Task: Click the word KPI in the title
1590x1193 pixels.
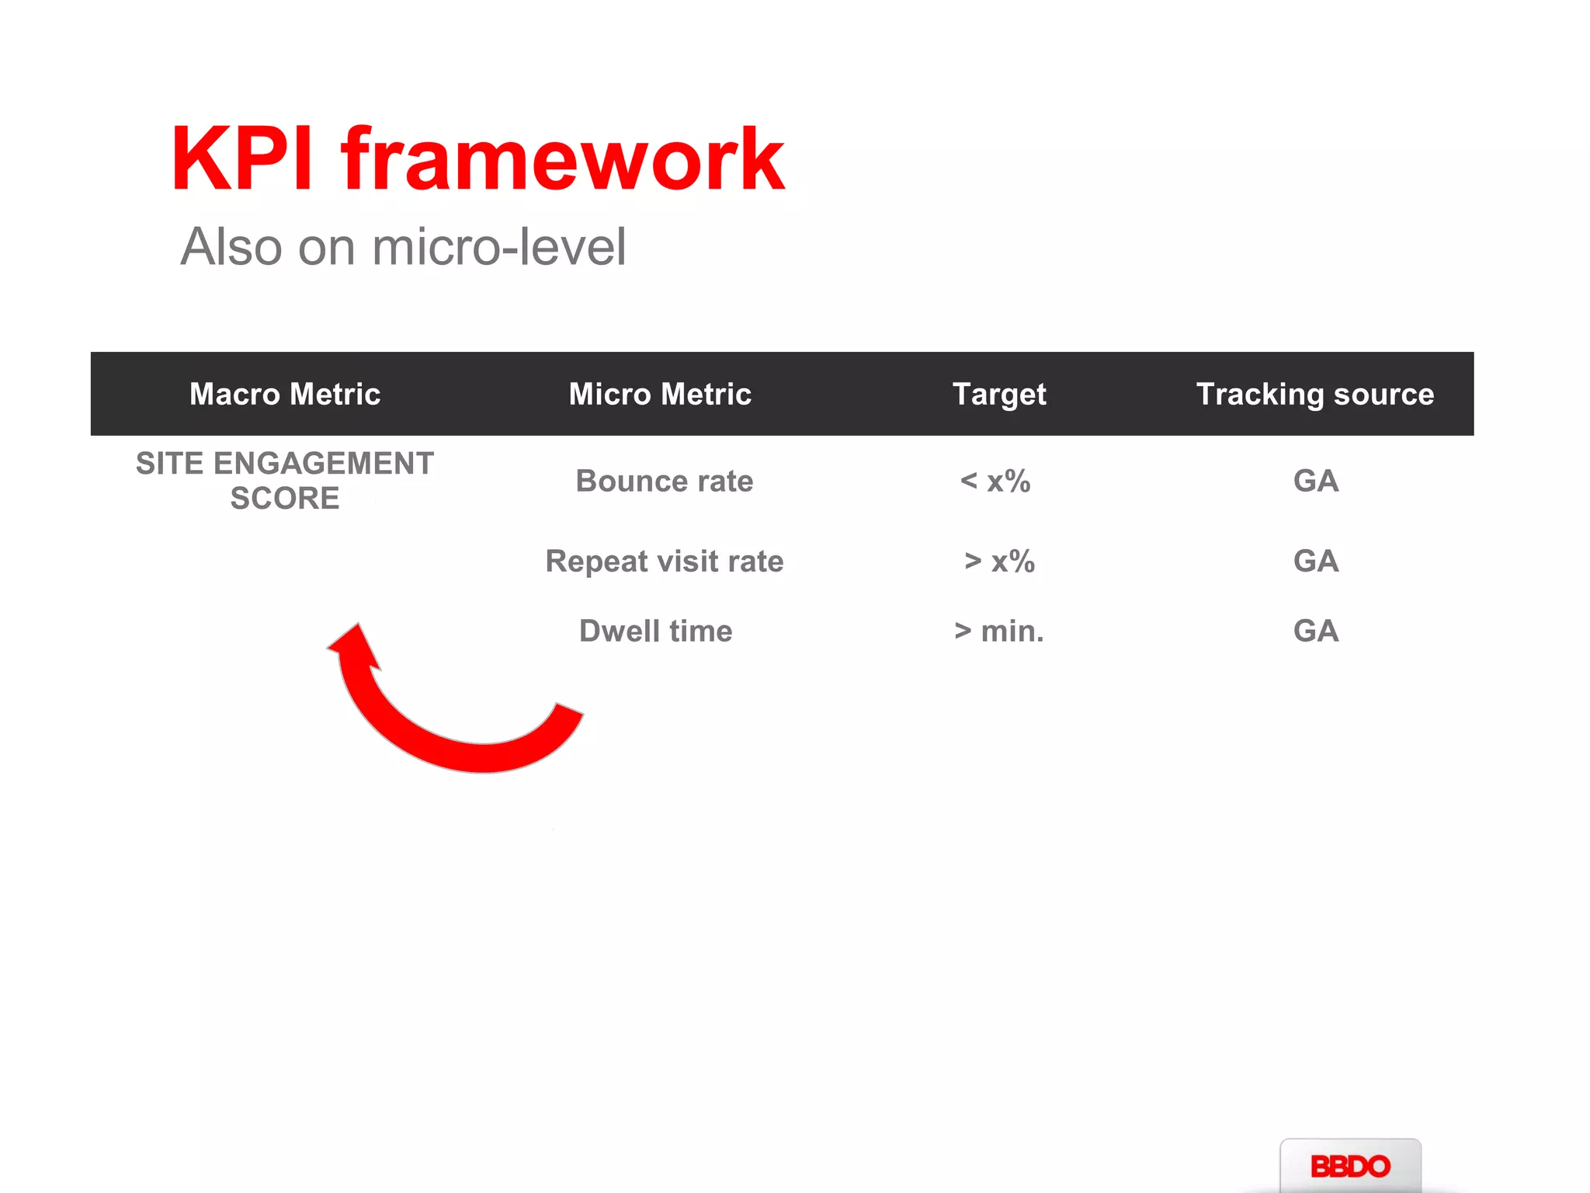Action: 241,159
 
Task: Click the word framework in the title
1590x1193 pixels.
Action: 563,159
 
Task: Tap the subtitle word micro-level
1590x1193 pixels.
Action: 498,247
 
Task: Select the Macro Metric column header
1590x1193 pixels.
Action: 285,394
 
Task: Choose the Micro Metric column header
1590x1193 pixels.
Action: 660,394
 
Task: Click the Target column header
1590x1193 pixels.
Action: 999,395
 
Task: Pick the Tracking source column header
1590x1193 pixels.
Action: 1315,395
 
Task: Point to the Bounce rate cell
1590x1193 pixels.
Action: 665,482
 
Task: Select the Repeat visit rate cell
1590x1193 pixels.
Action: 665,562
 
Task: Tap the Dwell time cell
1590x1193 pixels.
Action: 656,631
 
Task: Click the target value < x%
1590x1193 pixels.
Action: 995,482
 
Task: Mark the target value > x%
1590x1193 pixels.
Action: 999,562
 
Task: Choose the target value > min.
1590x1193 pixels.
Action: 999,631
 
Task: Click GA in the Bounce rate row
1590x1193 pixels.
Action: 1316,482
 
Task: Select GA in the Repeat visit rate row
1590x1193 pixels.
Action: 1316,562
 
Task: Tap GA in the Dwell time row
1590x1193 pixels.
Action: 1316,631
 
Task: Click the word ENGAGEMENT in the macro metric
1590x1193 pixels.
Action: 323,464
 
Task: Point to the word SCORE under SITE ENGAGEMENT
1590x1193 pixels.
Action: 285,499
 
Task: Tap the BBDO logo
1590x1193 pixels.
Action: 1350,1166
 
